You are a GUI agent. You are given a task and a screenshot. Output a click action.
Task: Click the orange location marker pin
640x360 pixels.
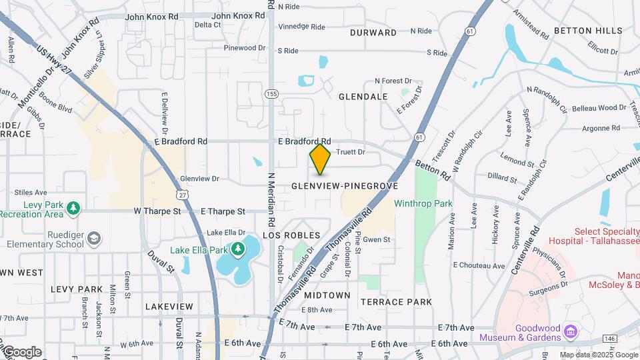(x=321, y=159)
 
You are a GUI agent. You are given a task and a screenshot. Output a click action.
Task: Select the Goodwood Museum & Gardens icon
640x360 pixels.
(x=569, y=331)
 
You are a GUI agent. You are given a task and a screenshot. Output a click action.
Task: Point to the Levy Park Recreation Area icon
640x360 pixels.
(x=73, y=209)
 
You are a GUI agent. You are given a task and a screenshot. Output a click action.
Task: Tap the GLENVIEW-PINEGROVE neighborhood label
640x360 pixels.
(x=345, y=186)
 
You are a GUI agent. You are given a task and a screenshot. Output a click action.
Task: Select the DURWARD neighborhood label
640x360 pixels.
(x=373, y=32)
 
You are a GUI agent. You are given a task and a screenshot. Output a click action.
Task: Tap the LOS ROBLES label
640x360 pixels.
(x=292, y=235)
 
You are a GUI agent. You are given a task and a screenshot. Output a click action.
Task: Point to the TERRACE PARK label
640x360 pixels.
(x=396, y=302)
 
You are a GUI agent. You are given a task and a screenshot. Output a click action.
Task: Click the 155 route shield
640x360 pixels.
(x=271, y=94)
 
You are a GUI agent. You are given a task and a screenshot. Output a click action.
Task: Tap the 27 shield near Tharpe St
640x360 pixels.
(x=182, y=194)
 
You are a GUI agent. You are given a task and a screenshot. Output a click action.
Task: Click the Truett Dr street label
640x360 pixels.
(x=351, y=152)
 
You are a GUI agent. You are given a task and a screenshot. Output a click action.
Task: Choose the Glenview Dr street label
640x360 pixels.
(x=199, y=179)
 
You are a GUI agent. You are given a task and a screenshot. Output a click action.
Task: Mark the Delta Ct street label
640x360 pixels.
(x=207, y=25)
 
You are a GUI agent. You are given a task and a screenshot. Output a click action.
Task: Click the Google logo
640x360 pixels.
(x=21, y=352)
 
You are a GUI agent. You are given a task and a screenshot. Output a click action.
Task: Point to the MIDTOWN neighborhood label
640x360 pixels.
(x=327, y=295)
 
